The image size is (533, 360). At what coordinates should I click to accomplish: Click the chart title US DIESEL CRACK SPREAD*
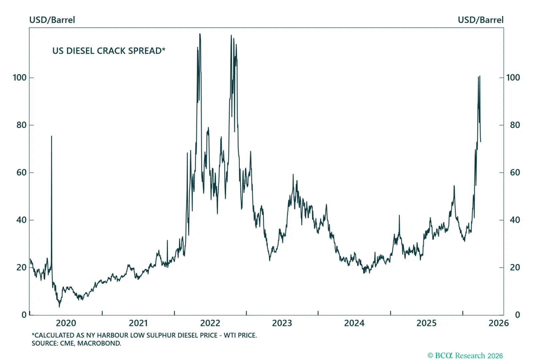coord(109,51)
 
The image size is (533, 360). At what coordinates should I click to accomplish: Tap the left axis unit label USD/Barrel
coord(52,20)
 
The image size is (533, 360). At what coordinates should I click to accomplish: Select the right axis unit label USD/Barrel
coord(480,20)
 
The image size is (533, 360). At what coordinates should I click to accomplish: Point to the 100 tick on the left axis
coord(20,78)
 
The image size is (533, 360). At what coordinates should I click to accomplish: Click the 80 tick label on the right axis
coord(515,125)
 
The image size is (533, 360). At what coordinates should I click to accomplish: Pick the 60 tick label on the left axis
coord(21,173)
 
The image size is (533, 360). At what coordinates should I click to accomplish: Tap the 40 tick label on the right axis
coord(515,220)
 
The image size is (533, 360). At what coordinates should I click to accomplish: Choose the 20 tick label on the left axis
coord(21,267)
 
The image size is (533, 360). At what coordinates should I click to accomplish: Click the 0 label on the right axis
coord(517,315)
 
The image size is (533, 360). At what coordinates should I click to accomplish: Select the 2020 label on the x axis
coord(66,323)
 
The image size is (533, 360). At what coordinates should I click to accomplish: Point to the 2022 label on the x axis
coord(210,323)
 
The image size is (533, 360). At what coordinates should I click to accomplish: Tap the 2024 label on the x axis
coord(354,323)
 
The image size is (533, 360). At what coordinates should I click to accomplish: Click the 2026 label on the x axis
coord(498,323)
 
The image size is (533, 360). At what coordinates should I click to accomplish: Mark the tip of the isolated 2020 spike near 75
coord(51,136)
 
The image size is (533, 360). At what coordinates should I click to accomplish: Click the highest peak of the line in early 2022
coord(200,34)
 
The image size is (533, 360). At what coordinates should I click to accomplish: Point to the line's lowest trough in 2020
coord(60,307)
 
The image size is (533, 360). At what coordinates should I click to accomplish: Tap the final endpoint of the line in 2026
coord(480,142)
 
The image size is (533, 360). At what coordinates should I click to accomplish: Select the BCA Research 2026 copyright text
coord(465,356)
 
